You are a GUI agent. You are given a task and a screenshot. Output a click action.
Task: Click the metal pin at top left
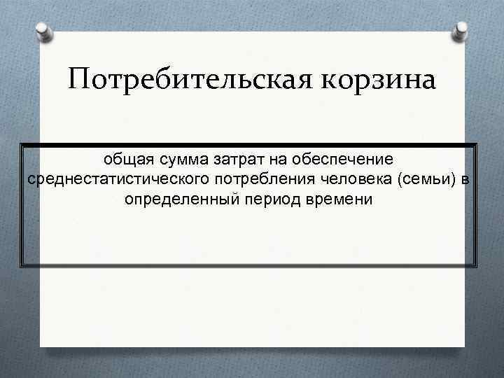(43, 31)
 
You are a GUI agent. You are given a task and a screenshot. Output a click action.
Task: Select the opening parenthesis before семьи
(400, 180)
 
